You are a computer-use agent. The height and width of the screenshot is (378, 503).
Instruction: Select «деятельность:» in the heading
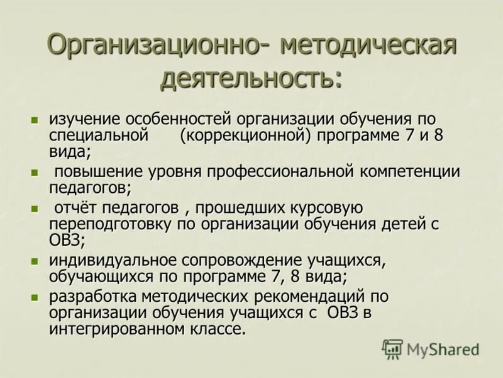point(251,78)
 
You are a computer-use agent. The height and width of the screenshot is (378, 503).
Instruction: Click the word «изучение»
point(85,119)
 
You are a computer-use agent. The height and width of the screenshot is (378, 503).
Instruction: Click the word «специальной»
point(98,135)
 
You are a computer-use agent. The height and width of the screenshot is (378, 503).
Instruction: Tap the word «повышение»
point(99,172)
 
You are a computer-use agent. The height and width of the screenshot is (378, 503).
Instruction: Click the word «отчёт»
point(75,208)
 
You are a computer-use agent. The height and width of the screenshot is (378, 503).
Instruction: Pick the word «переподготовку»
point(113,224)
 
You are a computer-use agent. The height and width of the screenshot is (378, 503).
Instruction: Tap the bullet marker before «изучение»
point(35,118)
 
